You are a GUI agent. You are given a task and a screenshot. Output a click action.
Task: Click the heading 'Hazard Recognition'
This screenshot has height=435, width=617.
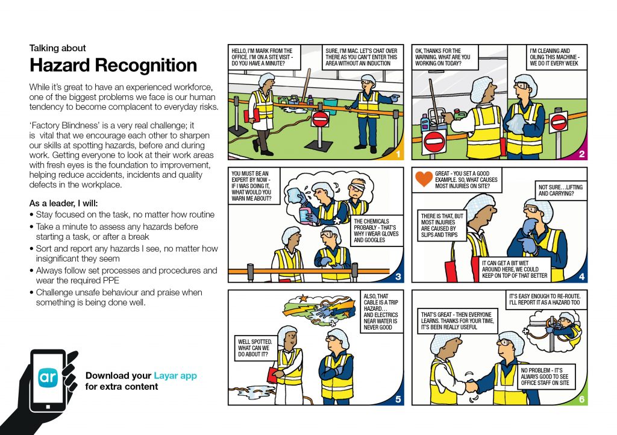point(113,65)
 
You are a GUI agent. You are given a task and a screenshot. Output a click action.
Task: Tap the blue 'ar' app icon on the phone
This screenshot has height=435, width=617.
point(48,377)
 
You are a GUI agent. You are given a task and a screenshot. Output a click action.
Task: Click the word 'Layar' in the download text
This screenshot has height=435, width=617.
point(167,376)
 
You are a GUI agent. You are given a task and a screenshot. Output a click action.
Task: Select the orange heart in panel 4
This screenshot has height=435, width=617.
point(425,178)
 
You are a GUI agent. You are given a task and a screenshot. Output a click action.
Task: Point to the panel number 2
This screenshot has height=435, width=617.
point(581,155)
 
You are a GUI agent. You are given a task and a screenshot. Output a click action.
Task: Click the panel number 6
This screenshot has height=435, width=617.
point(581,399)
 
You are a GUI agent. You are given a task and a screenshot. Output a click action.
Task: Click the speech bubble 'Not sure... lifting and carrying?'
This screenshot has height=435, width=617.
point(560,190)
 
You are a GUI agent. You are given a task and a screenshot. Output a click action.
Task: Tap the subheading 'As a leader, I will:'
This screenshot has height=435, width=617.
point(64,203)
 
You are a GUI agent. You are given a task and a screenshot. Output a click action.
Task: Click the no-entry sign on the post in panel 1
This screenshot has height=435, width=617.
point(320,118)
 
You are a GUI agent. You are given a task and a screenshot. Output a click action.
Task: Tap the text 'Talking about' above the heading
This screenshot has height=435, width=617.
point(58,48)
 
